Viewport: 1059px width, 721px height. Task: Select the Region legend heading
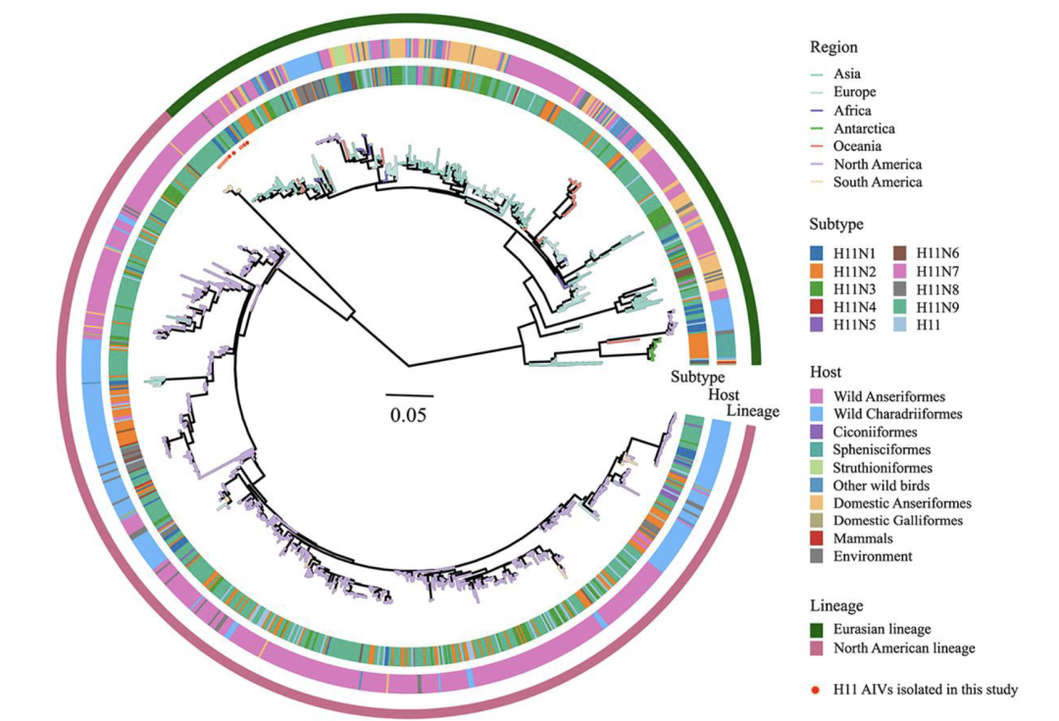coord(833,47)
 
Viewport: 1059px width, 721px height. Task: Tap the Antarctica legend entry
coord(864,129)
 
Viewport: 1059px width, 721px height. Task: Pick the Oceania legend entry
coord(858,146)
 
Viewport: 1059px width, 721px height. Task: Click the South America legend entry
coord(878,182)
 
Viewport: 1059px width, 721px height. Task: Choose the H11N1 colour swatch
coord(817,253)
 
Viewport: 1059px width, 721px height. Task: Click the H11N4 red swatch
coord(817,306)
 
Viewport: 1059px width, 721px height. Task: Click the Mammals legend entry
coord(863,539)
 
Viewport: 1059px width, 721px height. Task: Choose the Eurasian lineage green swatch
coord(817,629)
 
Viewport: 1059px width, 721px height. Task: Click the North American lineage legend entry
coord(903,648)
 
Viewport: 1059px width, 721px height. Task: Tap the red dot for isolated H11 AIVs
coord(815,690)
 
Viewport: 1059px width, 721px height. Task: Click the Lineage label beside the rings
coord(752,410)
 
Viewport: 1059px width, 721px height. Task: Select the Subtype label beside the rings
coord(697,378)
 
